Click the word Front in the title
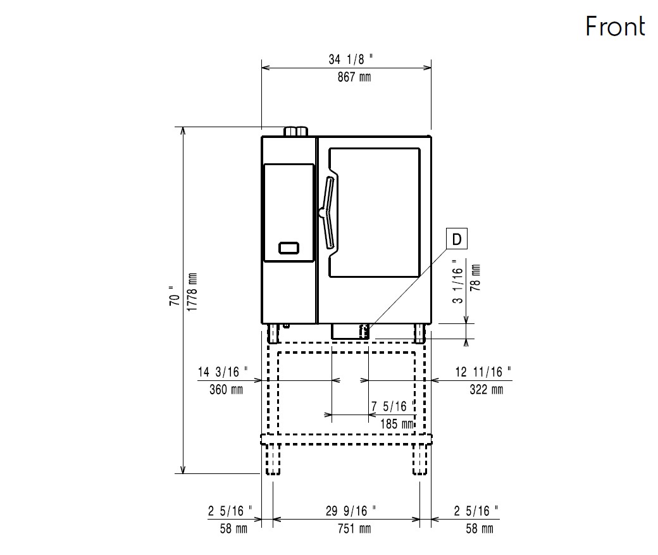point(615,26)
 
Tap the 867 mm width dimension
point(354,77)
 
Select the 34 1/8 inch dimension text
point(351,59)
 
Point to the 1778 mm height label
point(192,292)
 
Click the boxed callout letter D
point(457,239)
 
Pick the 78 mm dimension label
point(475,278)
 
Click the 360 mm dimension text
point(227,390)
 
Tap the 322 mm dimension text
point(486,390)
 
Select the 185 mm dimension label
point(397,423)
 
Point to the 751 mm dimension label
point(354,528)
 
